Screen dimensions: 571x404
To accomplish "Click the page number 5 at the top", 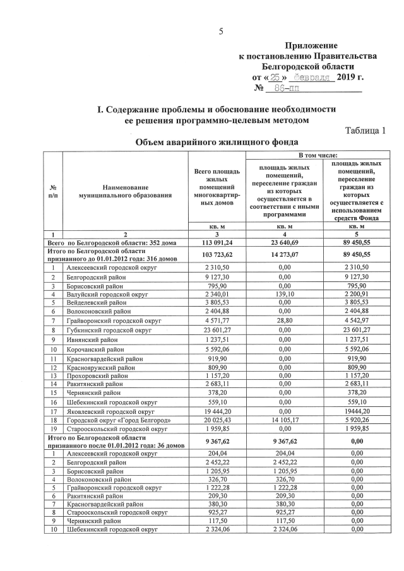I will point(221,31).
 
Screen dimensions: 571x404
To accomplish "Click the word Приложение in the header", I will point(311,45).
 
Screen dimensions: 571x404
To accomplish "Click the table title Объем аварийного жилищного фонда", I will point(217,143).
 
